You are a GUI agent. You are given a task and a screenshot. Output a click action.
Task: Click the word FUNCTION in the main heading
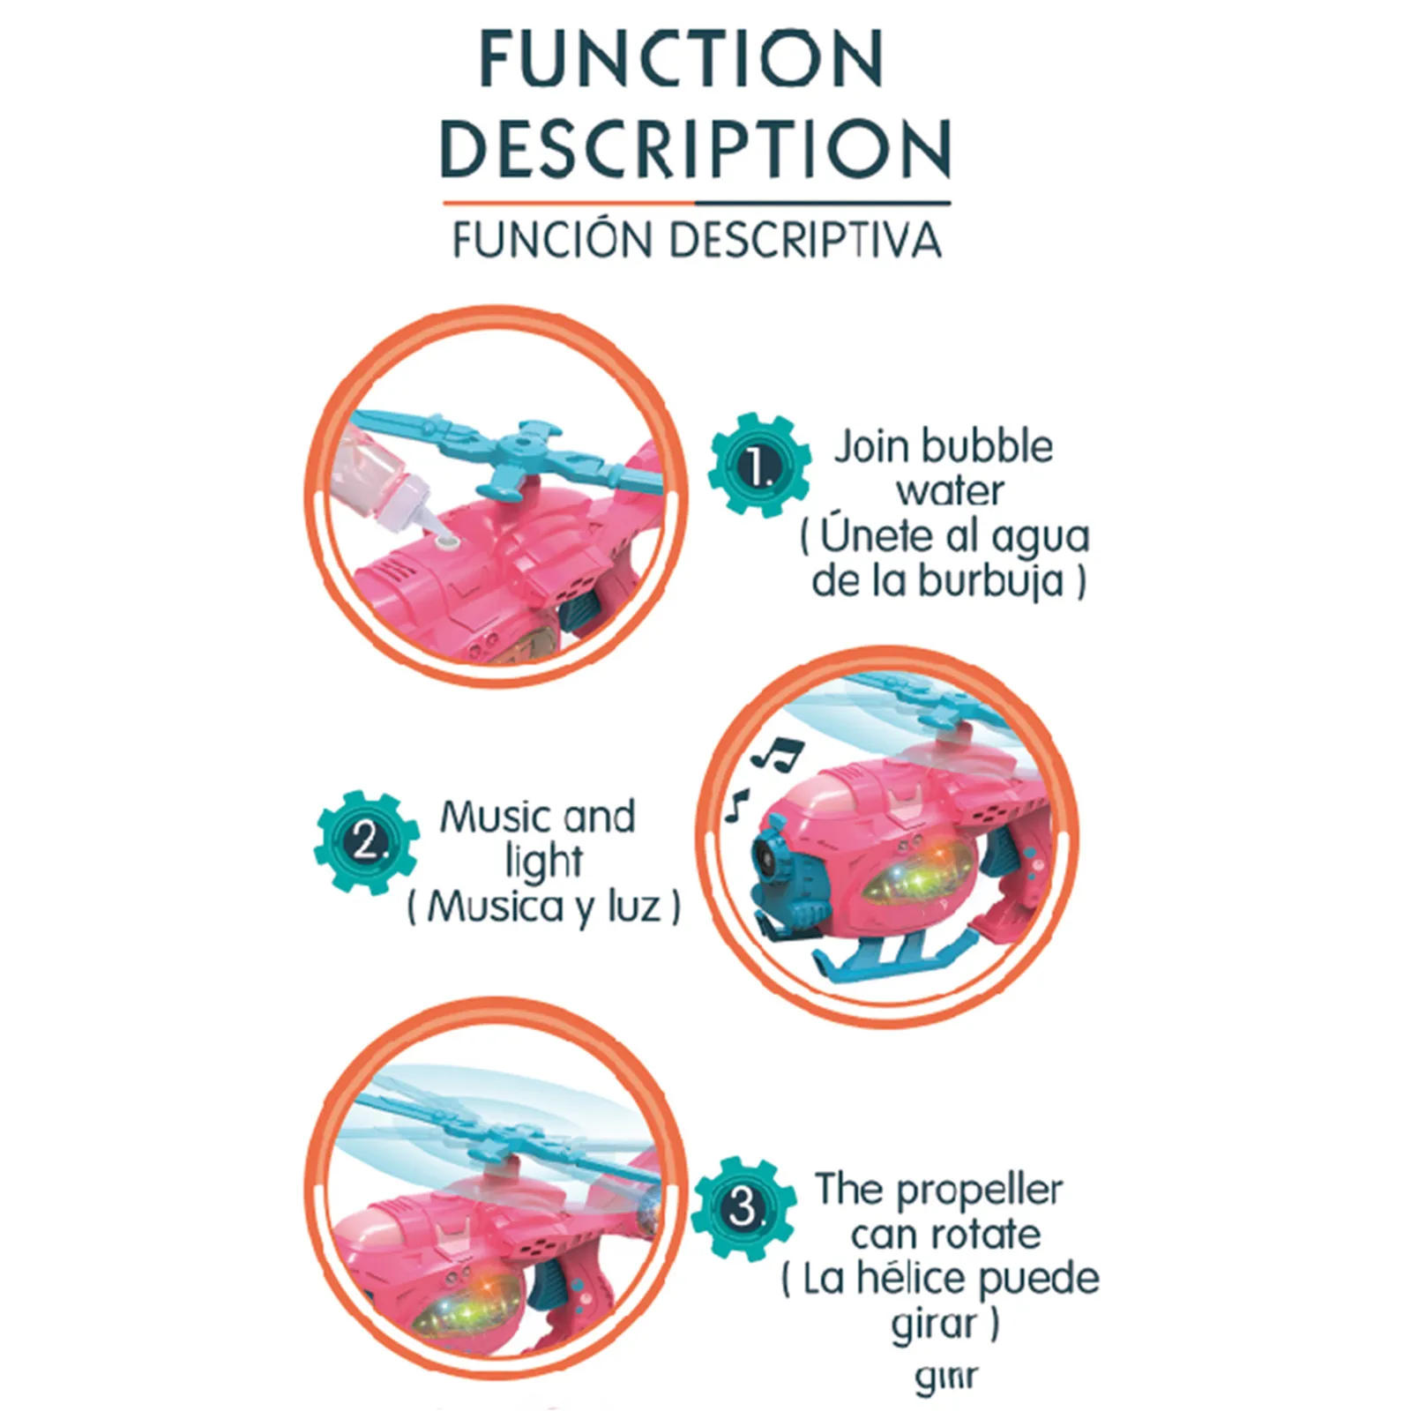[681, 58]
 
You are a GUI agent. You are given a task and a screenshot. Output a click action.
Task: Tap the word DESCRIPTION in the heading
[696, 147]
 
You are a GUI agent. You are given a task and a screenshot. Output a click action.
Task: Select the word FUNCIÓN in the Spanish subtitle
[555, 240]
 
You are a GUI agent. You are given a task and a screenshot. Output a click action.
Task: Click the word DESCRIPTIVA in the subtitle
[805, 240]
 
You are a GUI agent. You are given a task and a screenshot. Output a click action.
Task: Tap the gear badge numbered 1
[759, 466]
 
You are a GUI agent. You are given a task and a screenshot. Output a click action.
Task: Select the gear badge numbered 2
[367, 842]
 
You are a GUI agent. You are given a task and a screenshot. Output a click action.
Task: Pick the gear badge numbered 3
[743, 1207]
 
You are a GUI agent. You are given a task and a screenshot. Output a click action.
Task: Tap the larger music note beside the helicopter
[778, 752]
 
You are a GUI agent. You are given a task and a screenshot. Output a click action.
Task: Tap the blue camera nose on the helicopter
[776, 855]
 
